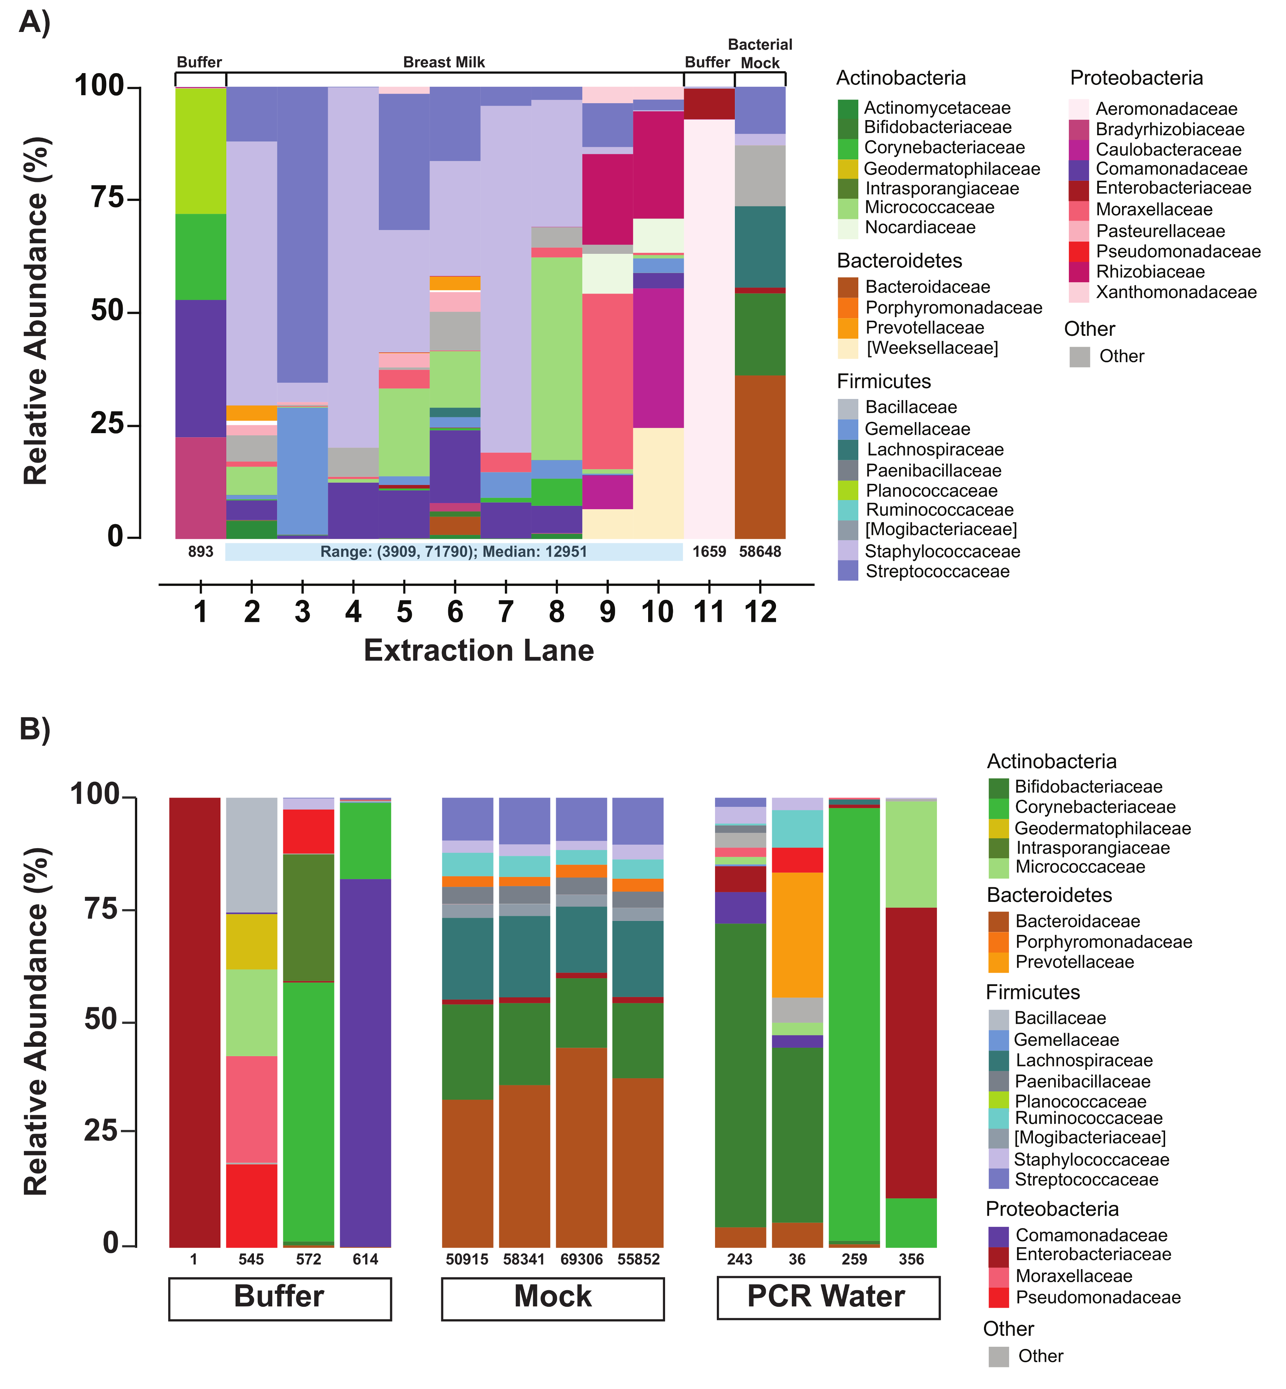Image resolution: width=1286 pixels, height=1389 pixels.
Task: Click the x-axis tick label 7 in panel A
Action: point(506,612)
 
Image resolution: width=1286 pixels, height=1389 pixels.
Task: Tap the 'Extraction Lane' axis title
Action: point(479,651)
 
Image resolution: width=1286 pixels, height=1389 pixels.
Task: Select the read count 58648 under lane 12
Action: point(760,552)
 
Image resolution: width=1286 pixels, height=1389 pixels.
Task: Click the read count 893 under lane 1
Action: point(200,552)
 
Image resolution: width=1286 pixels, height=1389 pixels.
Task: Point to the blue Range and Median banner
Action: point(454,552)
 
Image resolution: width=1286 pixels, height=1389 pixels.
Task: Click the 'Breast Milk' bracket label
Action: point(444,62)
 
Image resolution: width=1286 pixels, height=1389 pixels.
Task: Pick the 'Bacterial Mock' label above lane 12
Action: point(760,54)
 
